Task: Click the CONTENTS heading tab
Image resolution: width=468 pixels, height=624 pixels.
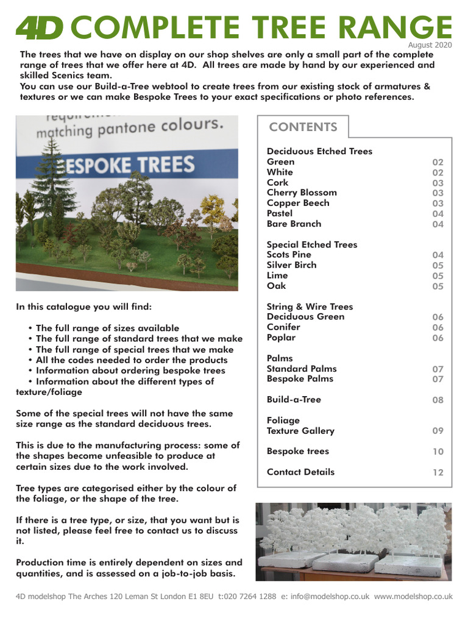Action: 303,127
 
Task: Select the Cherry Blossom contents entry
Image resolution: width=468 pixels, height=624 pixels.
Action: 302,193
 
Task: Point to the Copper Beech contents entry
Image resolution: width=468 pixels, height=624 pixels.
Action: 298,203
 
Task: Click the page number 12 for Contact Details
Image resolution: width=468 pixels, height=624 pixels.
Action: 438,472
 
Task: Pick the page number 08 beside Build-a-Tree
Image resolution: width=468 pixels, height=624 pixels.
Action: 438,400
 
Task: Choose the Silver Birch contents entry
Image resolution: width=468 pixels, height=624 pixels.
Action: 292,265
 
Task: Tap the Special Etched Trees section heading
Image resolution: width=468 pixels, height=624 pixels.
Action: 312,244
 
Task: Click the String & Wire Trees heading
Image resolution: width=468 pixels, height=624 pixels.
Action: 310,307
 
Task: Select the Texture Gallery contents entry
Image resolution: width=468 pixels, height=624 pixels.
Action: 300,431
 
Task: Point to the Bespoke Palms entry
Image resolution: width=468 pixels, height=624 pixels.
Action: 300,378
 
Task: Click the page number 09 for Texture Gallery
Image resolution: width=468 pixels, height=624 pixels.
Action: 438,431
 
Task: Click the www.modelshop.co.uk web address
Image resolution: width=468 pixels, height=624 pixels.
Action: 414,597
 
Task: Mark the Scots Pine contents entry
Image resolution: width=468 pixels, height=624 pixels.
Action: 289,255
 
